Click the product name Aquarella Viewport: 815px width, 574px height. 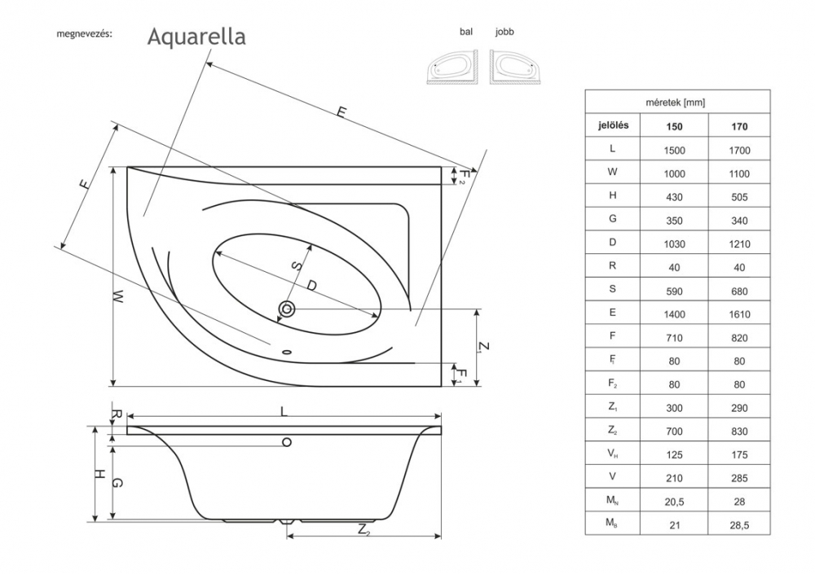tap(196, 37)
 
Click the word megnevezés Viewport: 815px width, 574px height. tap(83, 36)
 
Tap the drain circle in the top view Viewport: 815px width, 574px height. tap(287, 309)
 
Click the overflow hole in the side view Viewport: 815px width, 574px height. tap(286, 441)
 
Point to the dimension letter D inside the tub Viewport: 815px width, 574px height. tap(311, 284)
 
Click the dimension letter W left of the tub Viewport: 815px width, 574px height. tap(119, 297)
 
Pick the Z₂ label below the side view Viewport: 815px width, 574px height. tap(364, 531)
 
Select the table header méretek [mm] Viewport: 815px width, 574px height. tap(676, 103)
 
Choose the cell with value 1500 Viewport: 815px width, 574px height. tap(674, 150)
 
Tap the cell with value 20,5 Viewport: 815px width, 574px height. tap(674, 500)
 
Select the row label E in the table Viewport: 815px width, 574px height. tap(612, 313)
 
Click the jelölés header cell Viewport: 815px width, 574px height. tap(612, 126)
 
